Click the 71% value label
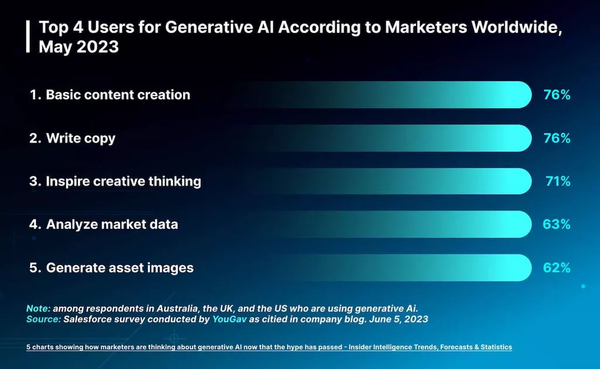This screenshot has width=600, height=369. click(x=557, y=181)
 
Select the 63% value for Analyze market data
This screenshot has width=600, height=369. click(x=557, y=225)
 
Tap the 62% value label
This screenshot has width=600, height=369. click(x=557, y=268)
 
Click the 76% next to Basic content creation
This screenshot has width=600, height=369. click(x=557, y=95)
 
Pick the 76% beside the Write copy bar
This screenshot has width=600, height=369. click(x=557, y=138)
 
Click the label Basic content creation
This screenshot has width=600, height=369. click(x=110, y=95)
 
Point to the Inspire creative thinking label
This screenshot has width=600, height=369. click(x=115, y=181)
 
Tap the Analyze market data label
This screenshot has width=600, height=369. click(x=104, y=225)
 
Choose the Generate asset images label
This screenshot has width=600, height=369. click(x=111, y=268)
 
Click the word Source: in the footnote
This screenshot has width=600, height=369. click(x=43, y=319)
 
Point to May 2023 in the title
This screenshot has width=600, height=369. click(x=79, y=47)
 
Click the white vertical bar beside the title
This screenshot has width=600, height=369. click(x=28, y=36)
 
